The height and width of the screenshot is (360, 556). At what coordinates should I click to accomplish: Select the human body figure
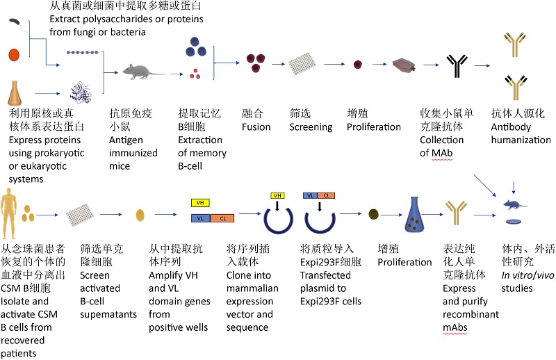(10, 211)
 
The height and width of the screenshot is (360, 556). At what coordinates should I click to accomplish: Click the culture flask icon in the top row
(405, 66)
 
